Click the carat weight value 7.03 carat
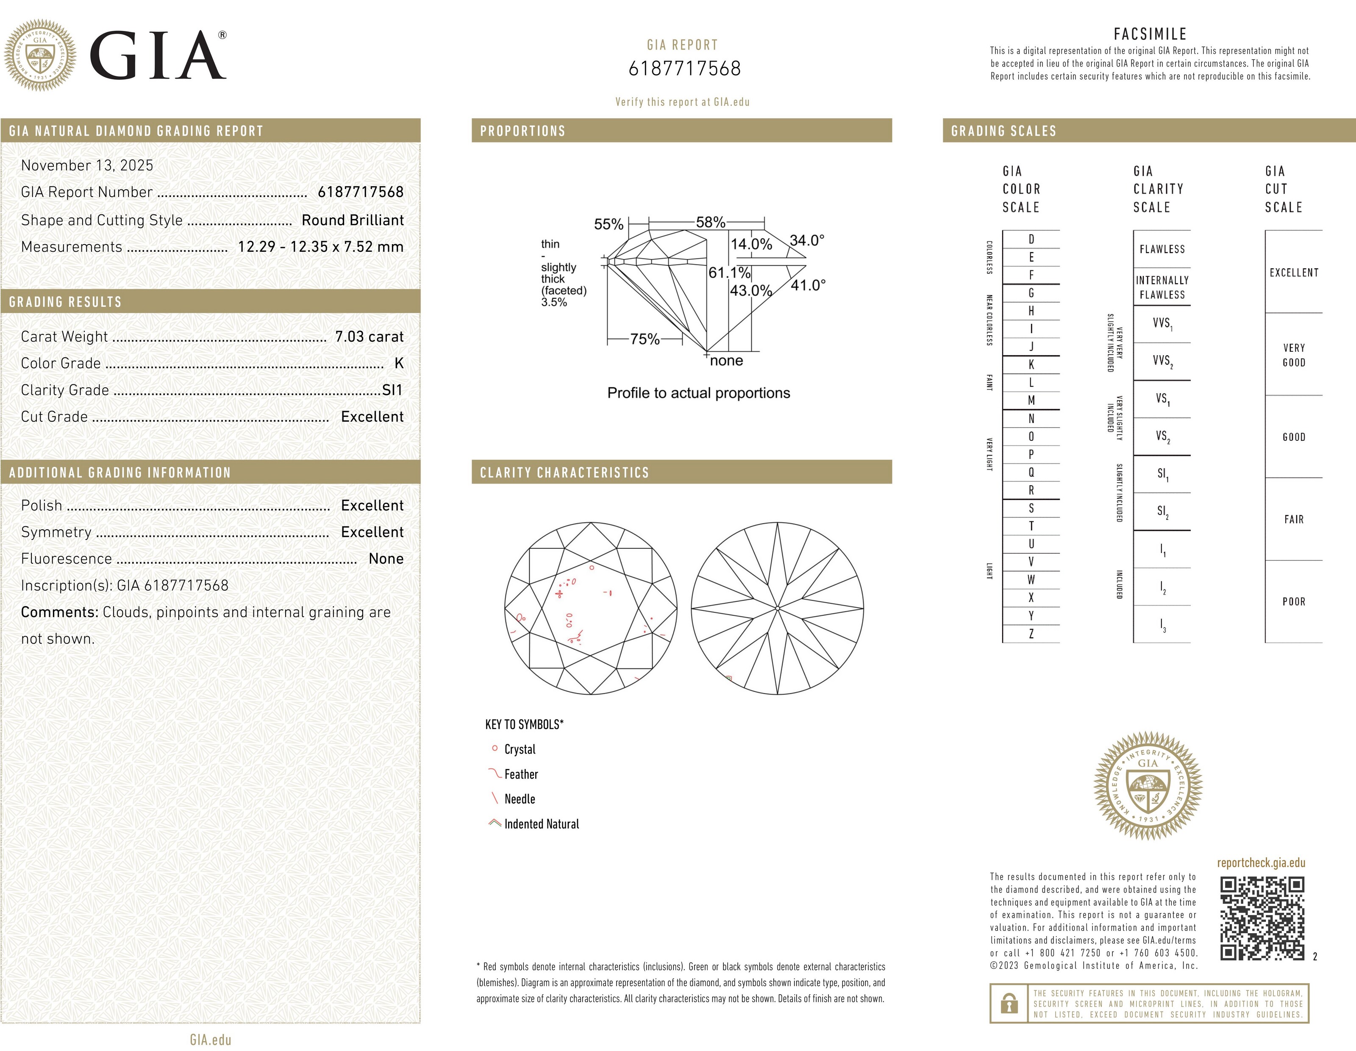point(369,336)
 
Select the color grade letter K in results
point(399,363)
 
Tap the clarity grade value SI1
point(392,390)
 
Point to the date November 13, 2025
point(87,165)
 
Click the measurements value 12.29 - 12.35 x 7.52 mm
point(320,247)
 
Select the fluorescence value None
point(386,559)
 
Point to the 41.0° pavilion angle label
point(808,285)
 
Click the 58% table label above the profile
point(710,222)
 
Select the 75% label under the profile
point(645,339)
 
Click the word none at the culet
point(726,361)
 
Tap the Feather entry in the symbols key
point(521,774)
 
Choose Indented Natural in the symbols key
point(542,824)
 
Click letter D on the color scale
point(1031,239)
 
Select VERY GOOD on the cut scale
point(1294,355)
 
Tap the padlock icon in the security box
point(1009,1003)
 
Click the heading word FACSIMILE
point(1150,34)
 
